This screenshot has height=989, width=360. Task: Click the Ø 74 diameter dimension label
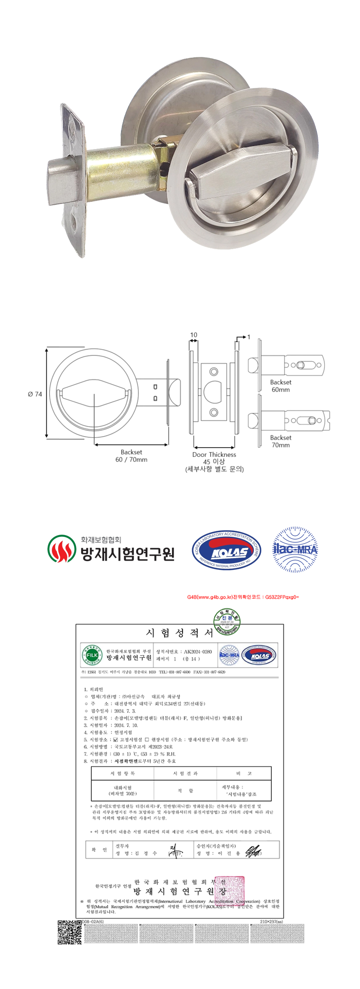click(35, 394)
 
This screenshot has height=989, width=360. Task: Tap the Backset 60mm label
click(280, 386)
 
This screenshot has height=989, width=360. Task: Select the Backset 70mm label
click(280, 441)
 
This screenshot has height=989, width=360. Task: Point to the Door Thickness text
click(214, 454)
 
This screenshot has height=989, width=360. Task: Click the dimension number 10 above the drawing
click(193, 335)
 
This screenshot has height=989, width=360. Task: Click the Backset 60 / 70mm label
click(131, 456)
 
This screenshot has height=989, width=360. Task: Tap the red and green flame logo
click(62, 549)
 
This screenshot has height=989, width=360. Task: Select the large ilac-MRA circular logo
click(295, 549)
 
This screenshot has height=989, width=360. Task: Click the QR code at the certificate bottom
click(69, 932)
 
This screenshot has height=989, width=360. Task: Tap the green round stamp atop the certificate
click(227, 622)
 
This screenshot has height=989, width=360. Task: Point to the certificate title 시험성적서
click(180, 633)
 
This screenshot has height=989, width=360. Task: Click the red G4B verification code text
click(243, 597)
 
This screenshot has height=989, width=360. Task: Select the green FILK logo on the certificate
click(92, 655)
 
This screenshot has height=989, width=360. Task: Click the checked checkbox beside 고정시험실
click(116, 739)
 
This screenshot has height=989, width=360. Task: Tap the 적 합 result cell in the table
click(185, 791)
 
